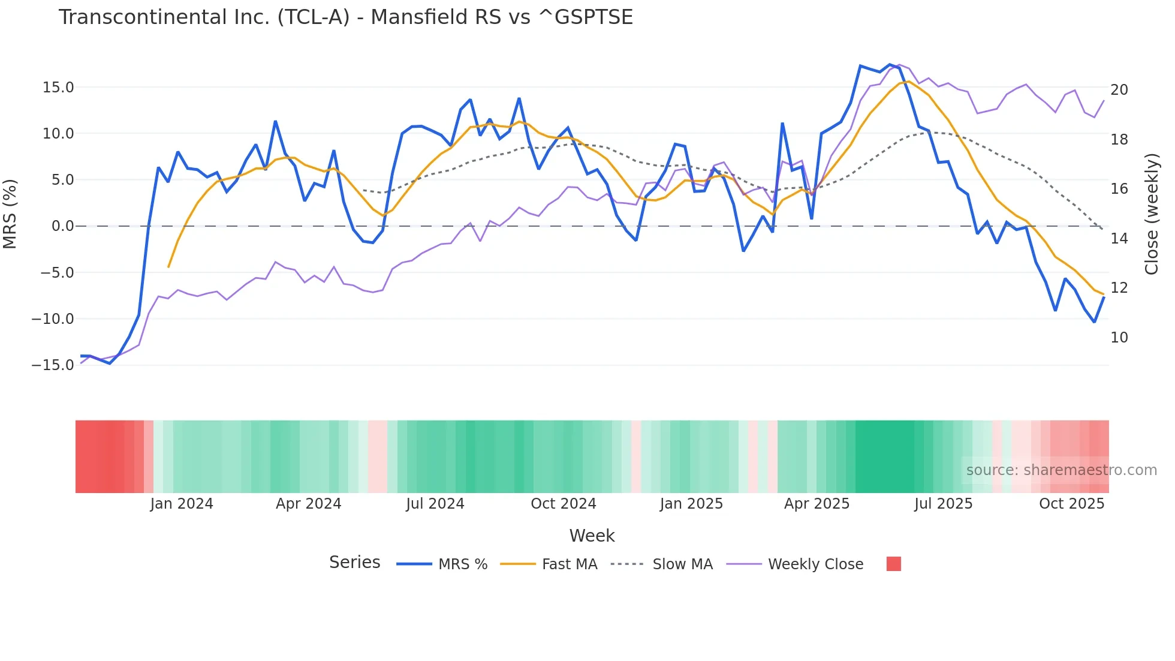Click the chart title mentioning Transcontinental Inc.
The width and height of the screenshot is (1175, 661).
(x=345, y=17)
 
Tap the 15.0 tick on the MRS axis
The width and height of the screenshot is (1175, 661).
(x=58, y=88)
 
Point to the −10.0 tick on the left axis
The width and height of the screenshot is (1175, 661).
(x=53, y=319)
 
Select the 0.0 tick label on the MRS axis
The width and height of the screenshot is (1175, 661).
(x=62, y=226)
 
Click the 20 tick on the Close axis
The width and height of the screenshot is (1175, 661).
(x=1119, y=90)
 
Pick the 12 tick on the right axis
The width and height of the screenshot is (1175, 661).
(x=1119, y=288)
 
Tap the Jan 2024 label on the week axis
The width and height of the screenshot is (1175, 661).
(x=182, y=504)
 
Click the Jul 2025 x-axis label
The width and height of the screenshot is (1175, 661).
(x=943, y=504)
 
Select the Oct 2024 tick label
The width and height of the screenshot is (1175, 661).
(x=564, y=504)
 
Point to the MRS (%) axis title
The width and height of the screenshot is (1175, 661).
(x=10, y=214)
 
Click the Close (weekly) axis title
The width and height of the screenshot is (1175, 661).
(x=1151, y=214)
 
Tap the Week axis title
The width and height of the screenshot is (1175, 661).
(x=592, y=536)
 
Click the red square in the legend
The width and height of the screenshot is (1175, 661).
(x=893, y=564)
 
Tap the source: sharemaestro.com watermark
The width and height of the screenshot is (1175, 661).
(x=1061, y=470)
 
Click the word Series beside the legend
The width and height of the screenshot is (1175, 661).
(x=354, y=563)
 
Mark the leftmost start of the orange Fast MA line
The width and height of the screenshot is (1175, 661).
(x=168, y=266)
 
